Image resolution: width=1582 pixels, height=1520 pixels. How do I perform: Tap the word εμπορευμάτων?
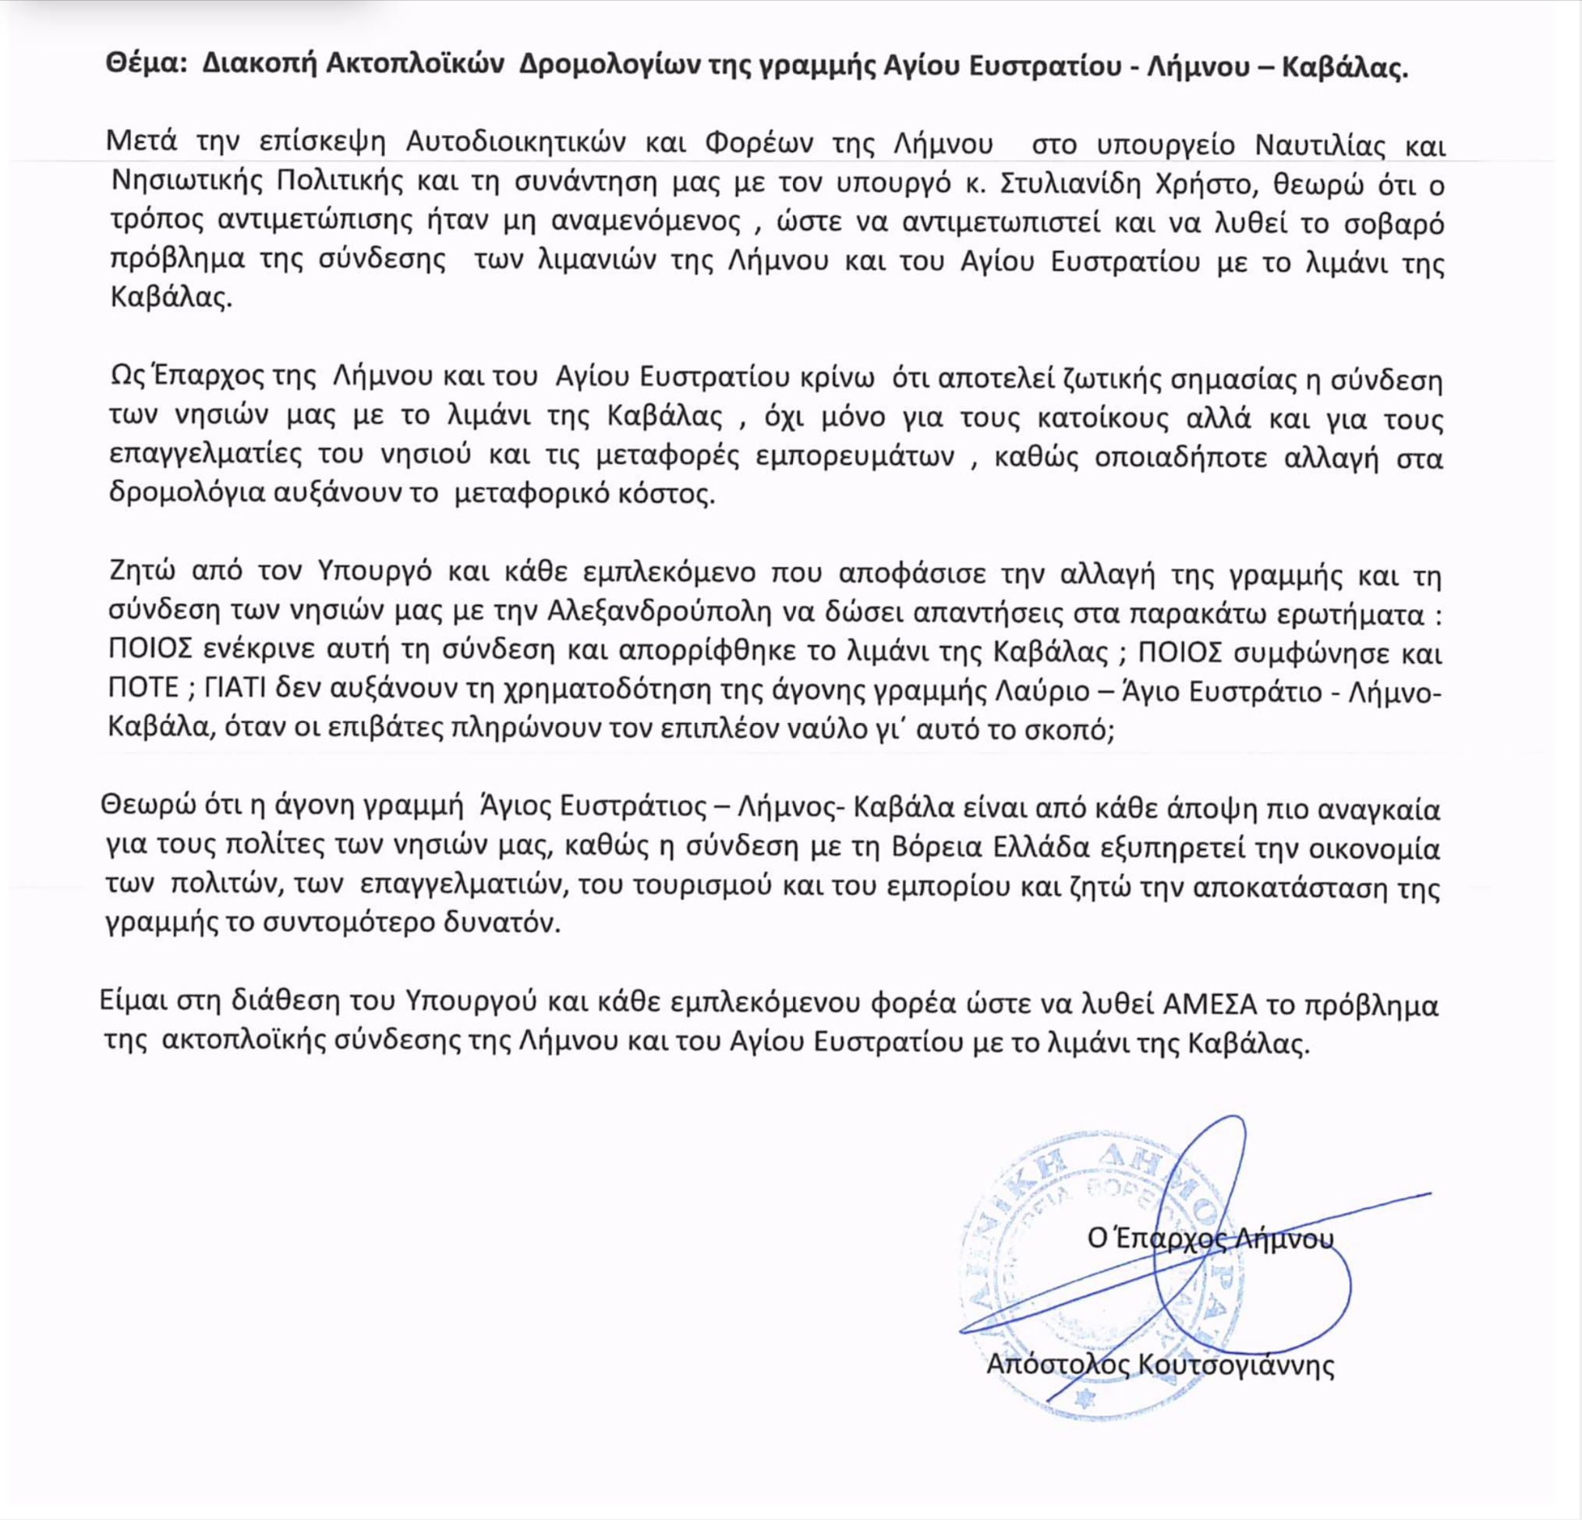tap(856, 457)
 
